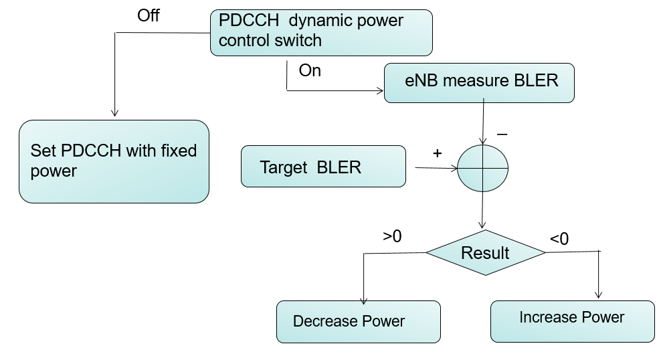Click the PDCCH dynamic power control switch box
[322, 31]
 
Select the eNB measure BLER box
[478, 83]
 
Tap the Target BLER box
[323, 166]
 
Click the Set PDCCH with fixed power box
[114, 161]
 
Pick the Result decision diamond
[485, 253]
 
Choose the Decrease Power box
[359, 321]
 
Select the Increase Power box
[572, 321]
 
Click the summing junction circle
[482, 167]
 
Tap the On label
[310, 71]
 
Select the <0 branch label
[559, 238]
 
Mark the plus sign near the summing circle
[438, 153]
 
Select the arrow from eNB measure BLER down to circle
[482, 123]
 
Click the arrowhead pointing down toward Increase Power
[599, 293]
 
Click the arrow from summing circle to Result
[482, 211]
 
